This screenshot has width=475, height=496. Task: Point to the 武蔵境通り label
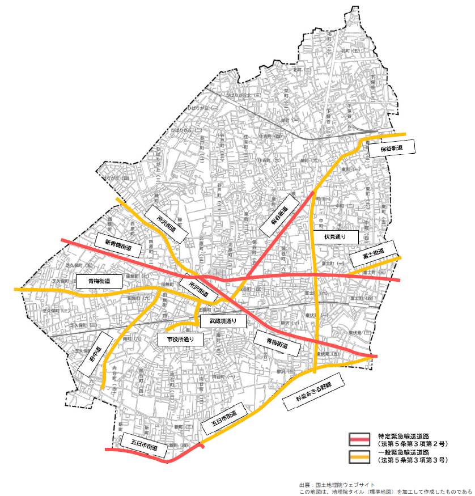pyautogui.click(x=223, y=321)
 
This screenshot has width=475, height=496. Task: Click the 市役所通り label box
pyautogui.click(x=180, y=339)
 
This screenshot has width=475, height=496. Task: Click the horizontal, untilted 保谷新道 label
pyautogui.click(x=391, y=148)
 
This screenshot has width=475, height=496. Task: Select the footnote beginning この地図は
pyautogui.click(x=385, y=492)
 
